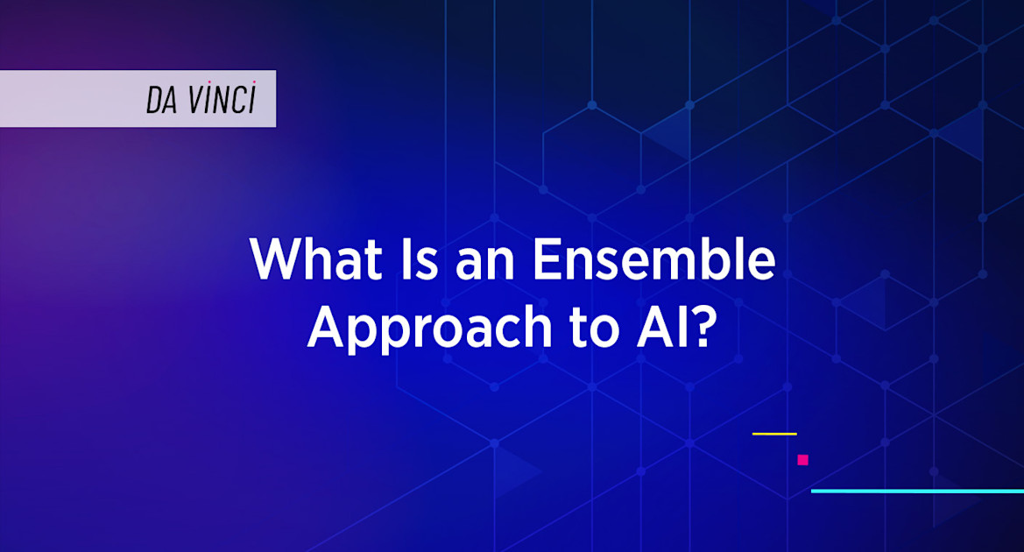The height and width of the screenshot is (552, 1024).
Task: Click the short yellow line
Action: pos(774,434)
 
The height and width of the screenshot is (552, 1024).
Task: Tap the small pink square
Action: pos(802,460)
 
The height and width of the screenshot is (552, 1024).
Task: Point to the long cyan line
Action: pos(916,491)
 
